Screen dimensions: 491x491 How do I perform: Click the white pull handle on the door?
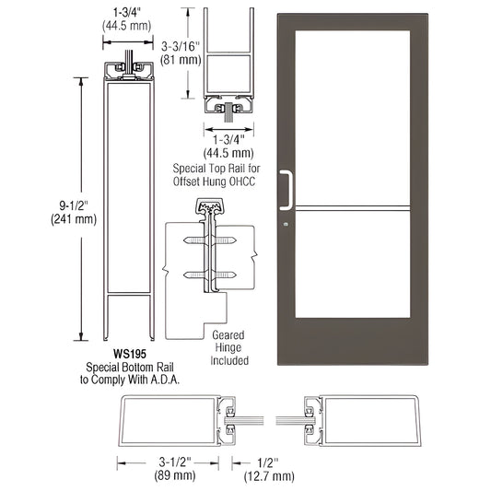click(x=290, y=189)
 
